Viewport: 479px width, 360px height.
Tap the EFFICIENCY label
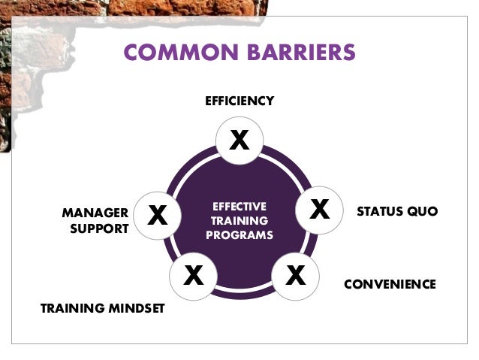tap(239, 101)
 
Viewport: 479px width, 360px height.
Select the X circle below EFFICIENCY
tap(239, 140)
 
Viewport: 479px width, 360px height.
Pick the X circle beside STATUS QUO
tap(320, 210)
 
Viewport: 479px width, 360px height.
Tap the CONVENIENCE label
tap(390, 284)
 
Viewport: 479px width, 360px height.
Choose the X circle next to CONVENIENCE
tap(295, 276)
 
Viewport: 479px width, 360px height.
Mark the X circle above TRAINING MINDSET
tap(194, 276)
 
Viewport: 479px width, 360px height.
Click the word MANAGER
tap(95, 213)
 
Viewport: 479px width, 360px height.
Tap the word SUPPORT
tap(99, 229)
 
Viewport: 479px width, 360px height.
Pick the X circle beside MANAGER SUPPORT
tap(157, 215)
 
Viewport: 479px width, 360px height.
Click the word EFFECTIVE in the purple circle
tap(239, 206)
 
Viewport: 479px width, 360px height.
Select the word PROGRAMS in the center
tap(239, 235)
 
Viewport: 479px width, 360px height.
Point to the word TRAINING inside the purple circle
tap(239, 221)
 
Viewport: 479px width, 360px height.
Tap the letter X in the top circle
tap(239, 140)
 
